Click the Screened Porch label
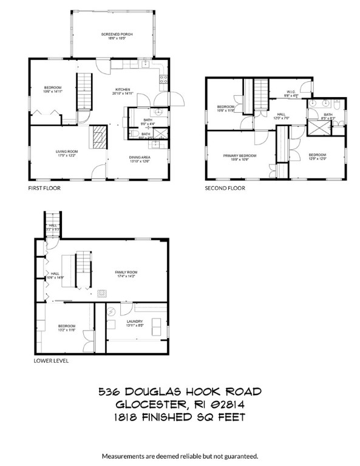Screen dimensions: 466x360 click(117, 35)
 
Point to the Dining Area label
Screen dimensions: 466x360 click(140, 158)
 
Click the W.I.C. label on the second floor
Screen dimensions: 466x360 click(291, 93)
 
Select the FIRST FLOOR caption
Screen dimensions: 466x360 click(44, 188)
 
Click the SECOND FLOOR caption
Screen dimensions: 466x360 click(225, 188)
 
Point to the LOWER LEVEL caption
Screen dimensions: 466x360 click(51, 360)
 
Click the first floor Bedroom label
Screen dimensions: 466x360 click(53, 88)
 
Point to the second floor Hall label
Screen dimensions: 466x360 click(281, 114)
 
